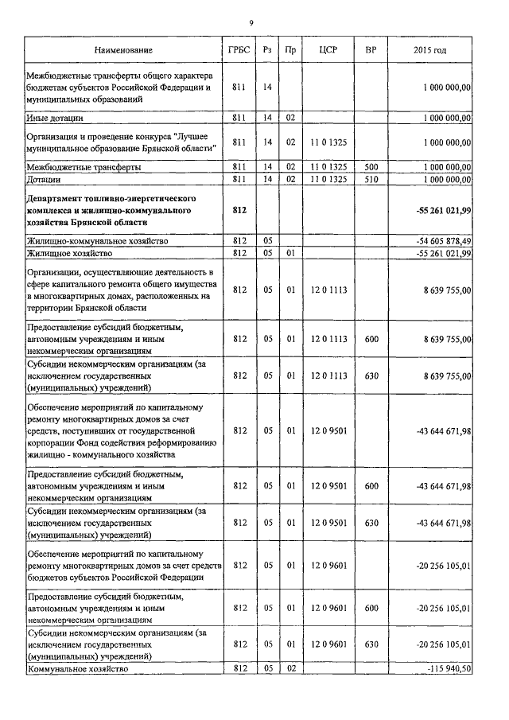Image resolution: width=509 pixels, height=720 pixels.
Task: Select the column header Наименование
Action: coord(122,50)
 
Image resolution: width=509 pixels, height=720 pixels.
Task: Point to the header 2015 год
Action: coord(429,50)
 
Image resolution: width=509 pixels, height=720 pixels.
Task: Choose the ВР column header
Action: coord(370,50)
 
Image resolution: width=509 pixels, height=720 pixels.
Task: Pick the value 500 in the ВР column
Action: coord(370,167)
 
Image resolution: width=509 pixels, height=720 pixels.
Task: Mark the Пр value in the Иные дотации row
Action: coord(291,118)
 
